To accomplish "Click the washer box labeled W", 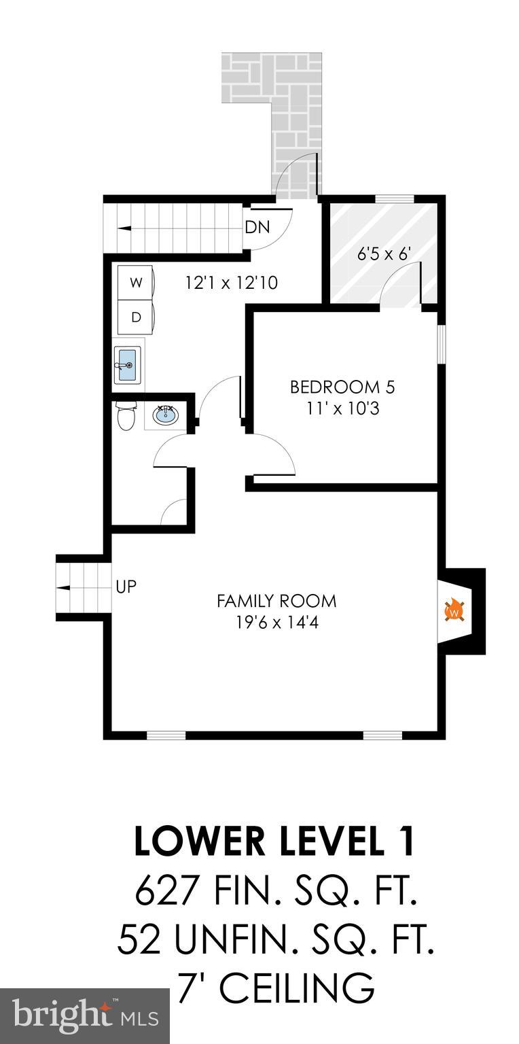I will (x=136, y=283).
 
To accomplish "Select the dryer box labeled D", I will (x=136, y=317).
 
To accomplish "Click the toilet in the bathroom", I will (x=126, y=415).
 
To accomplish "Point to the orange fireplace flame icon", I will (x=454, y=610).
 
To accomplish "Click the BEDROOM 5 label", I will (x=342, y=387).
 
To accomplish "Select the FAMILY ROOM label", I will (x=276, y=601).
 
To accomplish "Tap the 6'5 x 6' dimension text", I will (x=385, y=254).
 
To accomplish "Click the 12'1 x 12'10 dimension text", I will (x=231, y=283).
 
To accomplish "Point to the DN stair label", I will (x=257, y=228).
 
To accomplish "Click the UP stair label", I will (x=126, y=587).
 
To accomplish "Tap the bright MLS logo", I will (x=85, y=1016).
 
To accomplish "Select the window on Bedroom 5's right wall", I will (x=441, y=344).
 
